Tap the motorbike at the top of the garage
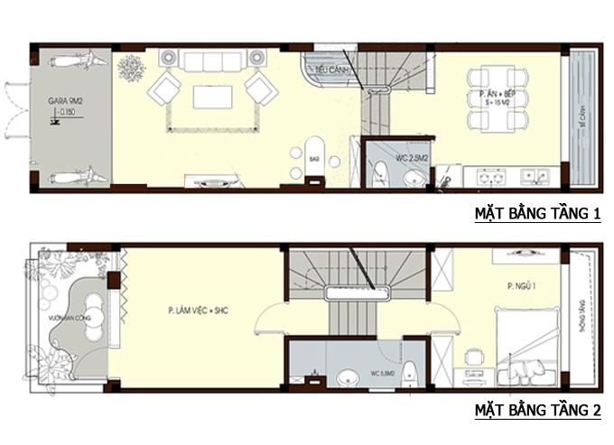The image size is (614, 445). click(69, 62)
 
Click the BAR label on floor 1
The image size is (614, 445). click(315, 159)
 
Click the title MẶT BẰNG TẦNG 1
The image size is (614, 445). click(538, 214)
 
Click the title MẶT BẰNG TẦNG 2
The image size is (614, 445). click(538, 412)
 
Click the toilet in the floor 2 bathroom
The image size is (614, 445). click(409, 371)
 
